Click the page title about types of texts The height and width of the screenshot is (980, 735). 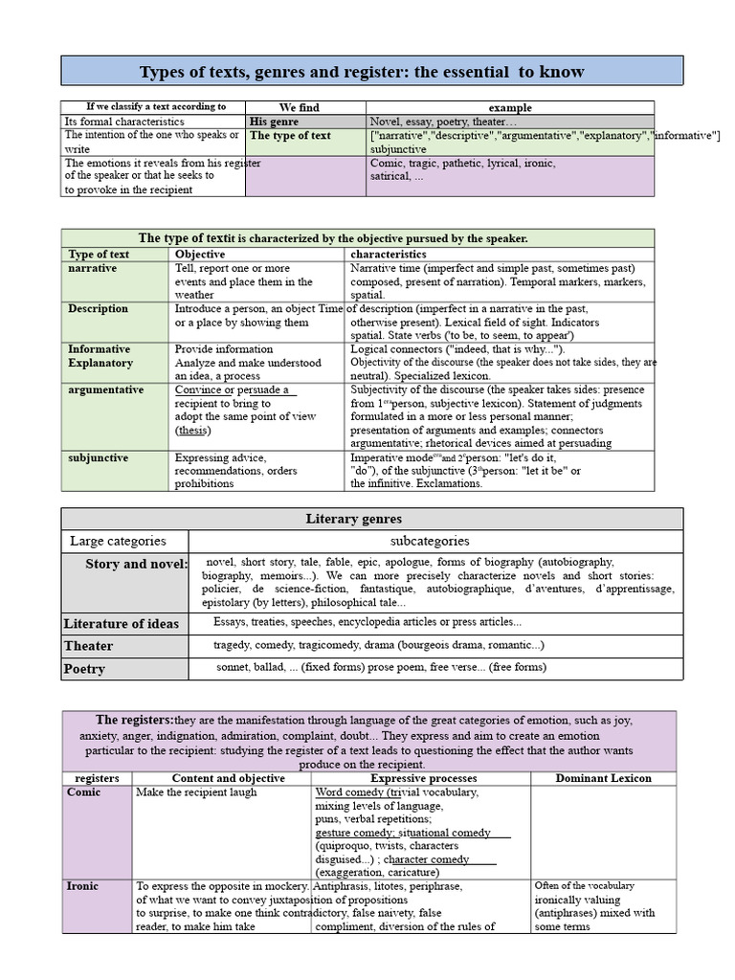pyautogui.click(x=362, y=73)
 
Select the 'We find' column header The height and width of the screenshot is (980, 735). pyautogui.click(x=300, y=108)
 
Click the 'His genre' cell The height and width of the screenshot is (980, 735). pyautogui.click(x=274, y=122)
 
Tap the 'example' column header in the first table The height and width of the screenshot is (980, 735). pyautogui.click(x=510, y=108)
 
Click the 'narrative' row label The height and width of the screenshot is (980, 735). pyautogui.click(x=93, y=269)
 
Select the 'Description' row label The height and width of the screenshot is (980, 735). pyautogui.click(x=98, y=309)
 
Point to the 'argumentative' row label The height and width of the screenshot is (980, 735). pyautogui.click(x=106, y=390)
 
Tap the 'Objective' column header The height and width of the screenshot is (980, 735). pyautogui.click(x=200, y=255)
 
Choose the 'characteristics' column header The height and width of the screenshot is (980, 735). pyautogui.click(x=389, y=255)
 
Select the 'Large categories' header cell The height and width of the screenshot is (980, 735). pyautogui.click(x=118, y=542)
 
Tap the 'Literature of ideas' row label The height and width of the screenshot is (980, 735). pyautogui.click(x=122, y=624)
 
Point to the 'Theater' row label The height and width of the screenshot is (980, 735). pyautogui.click(x=89, y=646)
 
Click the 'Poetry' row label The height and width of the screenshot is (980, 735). pyautogui.click(x=84, y=669)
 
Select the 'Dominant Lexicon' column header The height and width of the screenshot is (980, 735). pyautogui.click(x=603, y=778)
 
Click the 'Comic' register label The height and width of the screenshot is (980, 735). pyautogui.click(x=84, y=792)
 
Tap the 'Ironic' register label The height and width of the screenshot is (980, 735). pyautogui.click(x=83, y=886)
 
